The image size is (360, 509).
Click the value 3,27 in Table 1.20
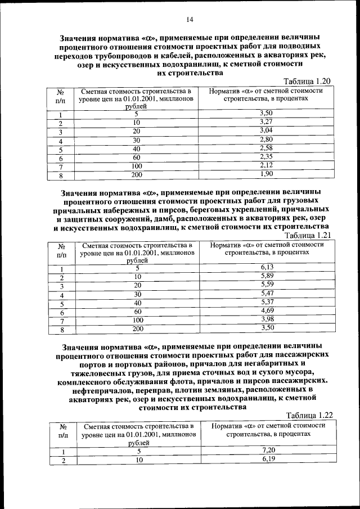pos(266,121)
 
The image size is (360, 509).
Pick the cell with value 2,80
pos(266,139)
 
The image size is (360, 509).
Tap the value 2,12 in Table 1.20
pos(266,165)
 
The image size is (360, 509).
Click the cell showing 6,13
pos(267,267)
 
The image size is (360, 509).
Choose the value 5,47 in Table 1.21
pos(267,293)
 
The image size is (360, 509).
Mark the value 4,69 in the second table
pos(267,310)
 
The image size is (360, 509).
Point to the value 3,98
pos(267,319)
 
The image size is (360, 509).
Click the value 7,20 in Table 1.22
pos(268,451)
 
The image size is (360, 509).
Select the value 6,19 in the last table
pos(268,460)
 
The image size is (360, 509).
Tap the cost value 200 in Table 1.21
pos(138,328)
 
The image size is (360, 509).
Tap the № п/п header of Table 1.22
pos(62,431)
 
